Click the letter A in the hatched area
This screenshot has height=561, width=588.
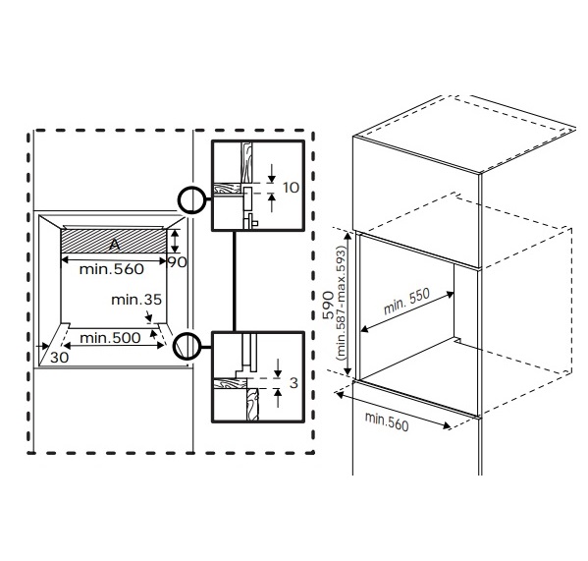pyautogui.click(x=115, y=245)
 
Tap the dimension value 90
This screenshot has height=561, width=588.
pyautogui.click(x=177, y=262)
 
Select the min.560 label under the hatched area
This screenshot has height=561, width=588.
pyautogui.click(x=112, y=269)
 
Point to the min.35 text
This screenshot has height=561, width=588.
pyautogui.click(x=136, y=300)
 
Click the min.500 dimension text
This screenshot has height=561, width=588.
pyautogui.click(x=110, y=338)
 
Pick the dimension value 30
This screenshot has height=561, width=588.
pyautogui.click(x=59, y=358)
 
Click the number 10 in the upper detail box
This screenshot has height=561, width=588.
pyautogui.click(x=291, y=188)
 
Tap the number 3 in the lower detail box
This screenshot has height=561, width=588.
pyautogui.click(x=294, y=383)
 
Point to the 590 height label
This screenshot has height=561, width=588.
pyautogui.click(x=328, y=306)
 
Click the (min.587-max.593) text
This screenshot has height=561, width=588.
pyautogui.click(x=341, y=303)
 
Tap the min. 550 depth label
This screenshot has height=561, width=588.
pyautogui.click(x=406, y=302)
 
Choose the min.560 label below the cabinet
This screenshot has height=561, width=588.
pyautogui.click(x=387, y=421)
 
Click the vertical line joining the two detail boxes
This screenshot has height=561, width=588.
pyautogui.click(x=235, y=281)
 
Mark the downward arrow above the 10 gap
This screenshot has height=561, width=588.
pyautogui.click(x=272, y=173)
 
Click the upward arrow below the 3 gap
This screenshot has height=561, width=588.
pyautogui.click(x=278, y=398)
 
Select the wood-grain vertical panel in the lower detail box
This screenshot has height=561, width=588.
pyautogui.click(x=252, y=404)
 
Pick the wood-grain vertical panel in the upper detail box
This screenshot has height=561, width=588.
pyautogui.click(x=246, y=162)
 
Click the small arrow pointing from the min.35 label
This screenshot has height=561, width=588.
pyautogui.click(x=149, y=315)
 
